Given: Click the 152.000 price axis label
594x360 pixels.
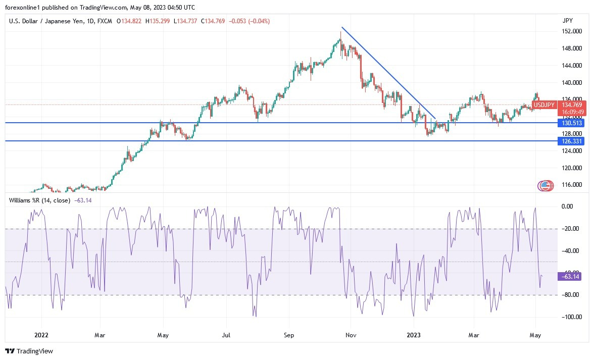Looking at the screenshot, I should pos(572,31).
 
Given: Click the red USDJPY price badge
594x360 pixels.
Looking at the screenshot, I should pos(545,105).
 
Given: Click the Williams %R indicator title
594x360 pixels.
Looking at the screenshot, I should pos(39,200).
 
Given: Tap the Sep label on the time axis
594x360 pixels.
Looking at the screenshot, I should pos(288,334).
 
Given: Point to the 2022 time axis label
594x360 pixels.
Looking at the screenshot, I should pos(41,334).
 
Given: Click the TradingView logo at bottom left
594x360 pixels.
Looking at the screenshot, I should pos(29,351).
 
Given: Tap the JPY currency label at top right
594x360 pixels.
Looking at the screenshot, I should pos(567,21).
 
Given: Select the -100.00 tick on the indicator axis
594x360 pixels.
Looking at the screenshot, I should pos(571,317).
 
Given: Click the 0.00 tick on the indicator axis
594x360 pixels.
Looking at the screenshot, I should pos(568,206).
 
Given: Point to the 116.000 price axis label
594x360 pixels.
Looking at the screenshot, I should pos(572,185).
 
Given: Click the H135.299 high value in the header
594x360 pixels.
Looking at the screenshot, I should pos(158,21).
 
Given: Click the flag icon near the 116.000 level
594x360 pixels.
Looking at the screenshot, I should pos(544,186).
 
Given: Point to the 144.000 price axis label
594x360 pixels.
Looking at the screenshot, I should pos(572,66).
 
